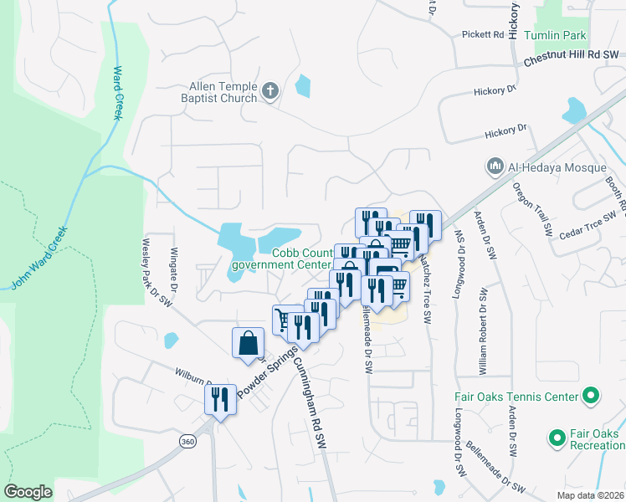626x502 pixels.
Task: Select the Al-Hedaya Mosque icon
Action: point(495,167)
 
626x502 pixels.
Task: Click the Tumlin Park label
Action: point(555,36)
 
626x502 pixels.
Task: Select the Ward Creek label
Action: point(116,93)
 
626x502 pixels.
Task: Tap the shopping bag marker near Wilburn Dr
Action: point(249,343)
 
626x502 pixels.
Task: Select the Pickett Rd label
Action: point(484,35)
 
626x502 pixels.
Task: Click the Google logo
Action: point(28,492)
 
